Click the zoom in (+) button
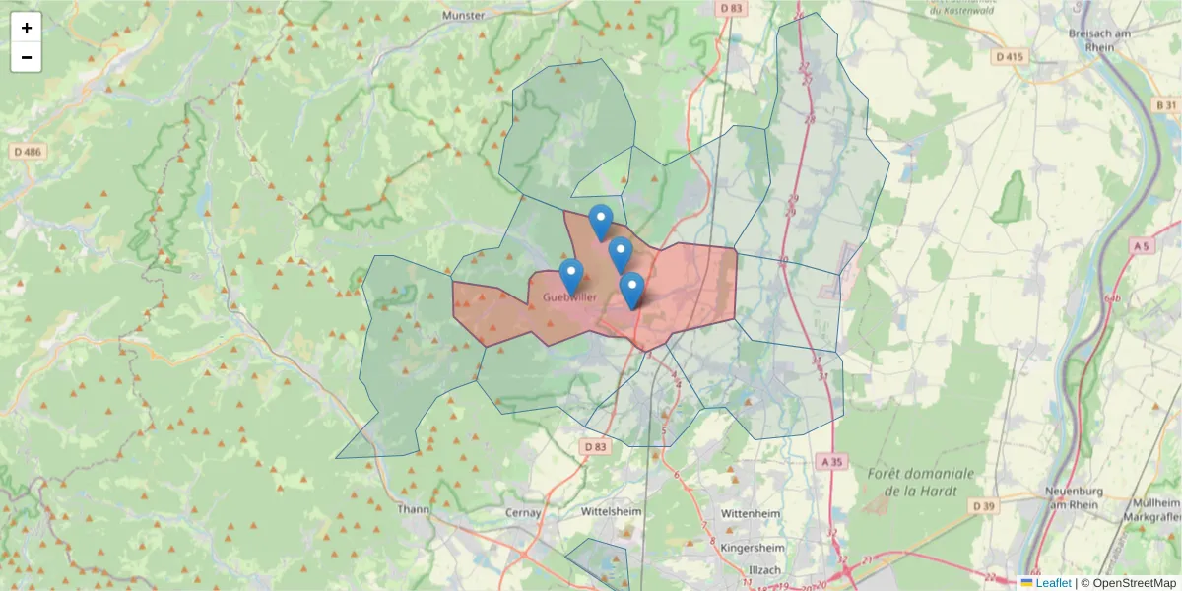coord(27,28)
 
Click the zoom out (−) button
coord(27,57)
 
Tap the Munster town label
coord(464,16)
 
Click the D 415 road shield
coord(1010,57)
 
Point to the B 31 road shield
coord(1165,104)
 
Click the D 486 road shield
coord(28,152)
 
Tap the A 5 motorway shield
coord(1142,244)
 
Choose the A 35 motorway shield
coord(832,460)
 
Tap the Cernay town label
coord(524,513)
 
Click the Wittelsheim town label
coord(612,512)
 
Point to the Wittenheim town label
coord(751,514)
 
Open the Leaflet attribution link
coord(1052,583)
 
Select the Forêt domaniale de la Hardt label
coord(921,482)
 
